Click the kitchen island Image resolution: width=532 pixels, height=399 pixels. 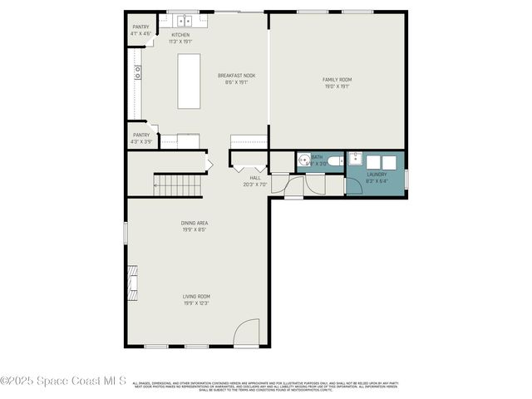tap(189, 81)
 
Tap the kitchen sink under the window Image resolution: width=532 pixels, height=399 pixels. tap(184, 20)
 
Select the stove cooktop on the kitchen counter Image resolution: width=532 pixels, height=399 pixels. tap(138, 71)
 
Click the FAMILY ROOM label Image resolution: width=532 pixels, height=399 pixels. tap(337, 82)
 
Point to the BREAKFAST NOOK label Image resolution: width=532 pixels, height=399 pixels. tap(236, 78)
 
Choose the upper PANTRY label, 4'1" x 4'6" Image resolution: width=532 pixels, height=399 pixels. tap(140, 30)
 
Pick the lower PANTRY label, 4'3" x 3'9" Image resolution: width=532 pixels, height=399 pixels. tap(141, 137)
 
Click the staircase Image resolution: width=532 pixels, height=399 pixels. tap(179, 185)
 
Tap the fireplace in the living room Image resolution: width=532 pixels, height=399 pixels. tap(132, 283)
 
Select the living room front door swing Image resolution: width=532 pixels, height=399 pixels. tap(247, 334)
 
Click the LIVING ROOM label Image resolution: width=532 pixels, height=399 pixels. tap(196, 299)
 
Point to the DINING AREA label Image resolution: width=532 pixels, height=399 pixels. tap(195, 226)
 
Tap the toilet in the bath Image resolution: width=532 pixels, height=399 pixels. tap(332, 161)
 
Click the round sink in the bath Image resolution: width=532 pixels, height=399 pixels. tap(303, 161)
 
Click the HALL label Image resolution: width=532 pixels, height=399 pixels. tap(255, 180)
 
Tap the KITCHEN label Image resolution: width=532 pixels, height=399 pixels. tap(180, 37)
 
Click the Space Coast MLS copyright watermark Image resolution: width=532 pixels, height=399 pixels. tap(63, 382)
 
